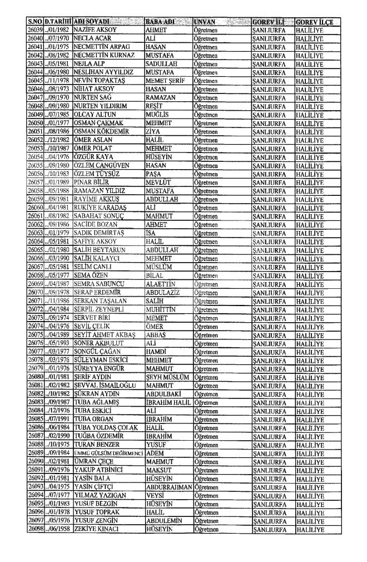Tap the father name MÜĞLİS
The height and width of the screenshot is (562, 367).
click(156, 95)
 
